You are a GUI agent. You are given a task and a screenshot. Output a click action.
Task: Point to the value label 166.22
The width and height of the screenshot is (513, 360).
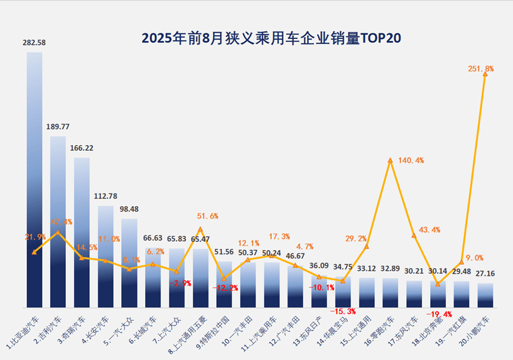82,148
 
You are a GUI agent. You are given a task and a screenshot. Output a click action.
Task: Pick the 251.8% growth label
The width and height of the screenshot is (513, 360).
481,68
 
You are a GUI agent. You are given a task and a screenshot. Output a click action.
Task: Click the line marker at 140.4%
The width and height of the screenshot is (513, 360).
390,161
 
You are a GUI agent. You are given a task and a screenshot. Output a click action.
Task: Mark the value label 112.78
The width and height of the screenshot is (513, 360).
105,196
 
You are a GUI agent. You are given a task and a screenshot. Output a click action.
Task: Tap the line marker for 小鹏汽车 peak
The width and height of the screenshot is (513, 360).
485,74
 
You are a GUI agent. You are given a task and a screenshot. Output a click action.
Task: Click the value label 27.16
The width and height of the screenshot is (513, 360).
485,274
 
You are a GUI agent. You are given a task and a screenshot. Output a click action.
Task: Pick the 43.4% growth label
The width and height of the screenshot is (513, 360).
428,229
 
